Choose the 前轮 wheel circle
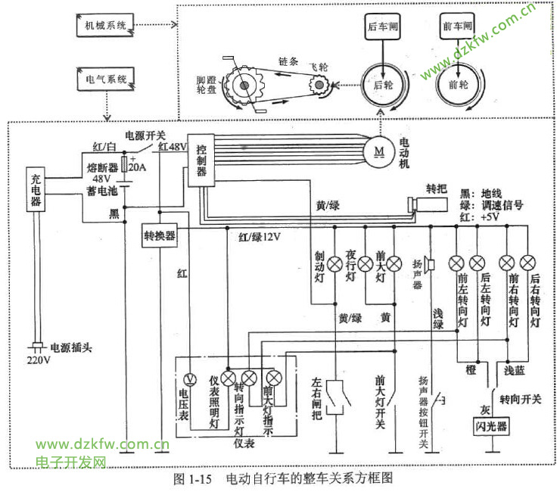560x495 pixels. (x=458, y=86)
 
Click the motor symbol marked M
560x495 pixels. (x=378, y=150)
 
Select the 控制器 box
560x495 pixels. (x=201, y=160)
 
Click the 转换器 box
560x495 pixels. (x=160, y=235)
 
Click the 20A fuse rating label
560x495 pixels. (x=138, y=167)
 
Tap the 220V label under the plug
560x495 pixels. (x=38, y=360)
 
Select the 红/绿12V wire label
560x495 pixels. (x=260, y=237)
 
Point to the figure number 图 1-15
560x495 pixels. (x=196, y=479)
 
